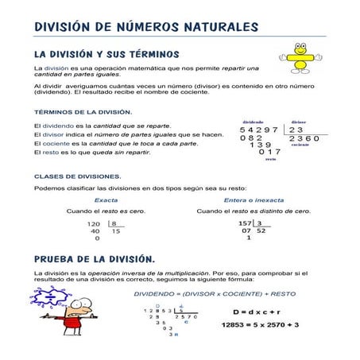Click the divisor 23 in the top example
(x=296, y=129)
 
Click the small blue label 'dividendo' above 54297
(x=254, y=121)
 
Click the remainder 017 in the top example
(x=270, y=151)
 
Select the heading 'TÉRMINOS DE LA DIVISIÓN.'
(x=83, y=112)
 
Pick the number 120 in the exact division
(x=94, y=224)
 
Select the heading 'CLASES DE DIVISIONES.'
(x=78, y=176)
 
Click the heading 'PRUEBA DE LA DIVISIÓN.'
(x=95, y=259)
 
